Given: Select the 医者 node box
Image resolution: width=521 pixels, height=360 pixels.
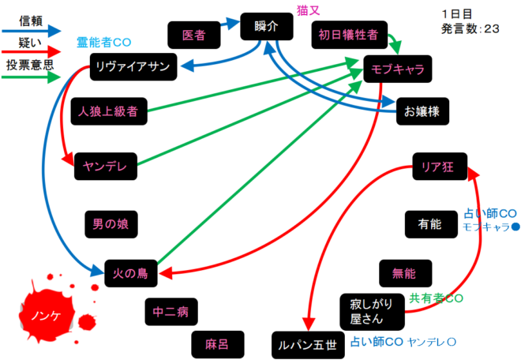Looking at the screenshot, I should [x=193, y=35].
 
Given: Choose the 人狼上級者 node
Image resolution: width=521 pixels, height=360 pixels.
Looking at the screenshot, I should [x=109, y=111].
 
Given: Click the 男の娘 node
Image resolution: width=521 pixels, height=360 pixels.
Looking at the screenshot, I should [x=110, y=223].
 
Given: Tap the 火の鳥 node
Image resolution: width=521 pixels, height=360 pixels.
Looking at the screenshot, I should [x=132, y=274].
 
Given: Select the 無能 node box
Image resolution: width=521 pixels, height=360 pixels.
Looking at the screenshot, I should [x=403, y=273].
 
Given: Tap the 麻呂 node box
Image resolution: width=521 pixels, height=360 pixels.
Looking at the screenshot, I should [x=216, y=343].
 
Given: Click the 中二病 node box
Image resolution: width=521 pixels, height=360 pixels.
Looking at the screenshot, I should [x=171, y=312].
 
